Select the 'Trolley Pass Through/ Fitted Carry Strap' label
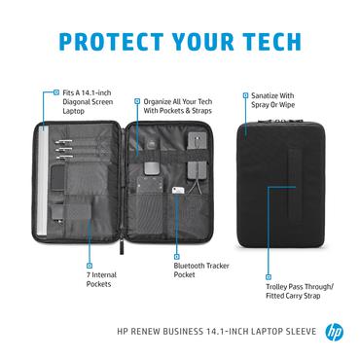coord(300,290)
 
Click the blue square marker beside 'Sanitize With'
coord(243,94)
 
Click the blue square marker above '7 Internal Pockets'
coord(88,264)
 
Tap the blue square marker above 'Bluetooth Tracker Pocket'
coord(178,253)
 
